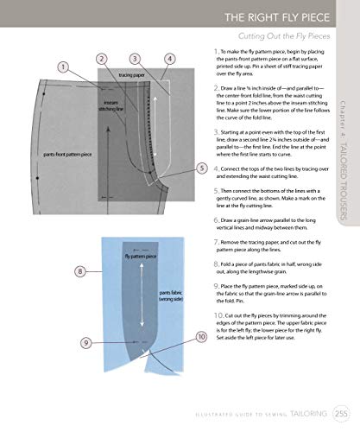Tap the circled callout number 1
pyautogui.click(x=64, y=67)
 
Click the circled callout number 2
pyautogui.click(x=102, y=59)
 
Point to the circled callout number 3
pyautogui.click(x=136, y=59)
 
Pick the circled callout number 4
pyautogui.click(x=169, y=59)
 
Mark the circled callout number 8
pyautogui.click(x=80, y=270)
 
